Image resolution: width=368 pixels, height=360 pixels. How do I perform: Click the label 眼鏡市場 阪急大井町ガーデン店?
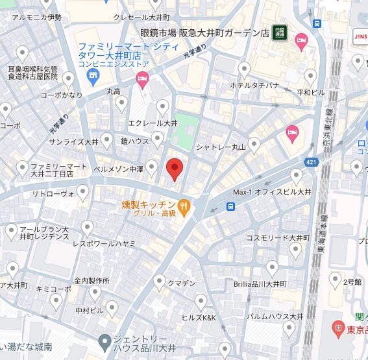(x=204, y=32)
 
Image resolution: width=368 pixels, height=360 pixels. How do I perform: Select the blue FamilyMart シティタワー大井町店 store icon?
(x=92, y=77)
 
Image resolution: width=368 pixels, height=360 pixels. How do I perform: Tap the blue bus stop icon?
(x=231, y=207)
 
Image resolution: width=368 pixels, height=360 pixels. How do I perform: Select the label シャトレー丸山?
(x=221, y=147)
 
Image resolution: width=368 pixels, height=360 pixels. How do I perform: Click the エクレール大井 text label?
(x=153, y=123)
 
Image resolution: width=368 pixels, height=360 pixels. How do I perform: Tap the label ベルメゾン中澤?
(x=118, y=168)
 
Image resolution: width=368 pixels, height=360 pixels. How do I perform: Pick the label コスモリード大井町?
(x=275, y=238)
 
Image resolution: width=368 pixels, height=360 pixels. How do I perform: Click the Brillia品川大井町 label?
(x=265, y=284)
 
